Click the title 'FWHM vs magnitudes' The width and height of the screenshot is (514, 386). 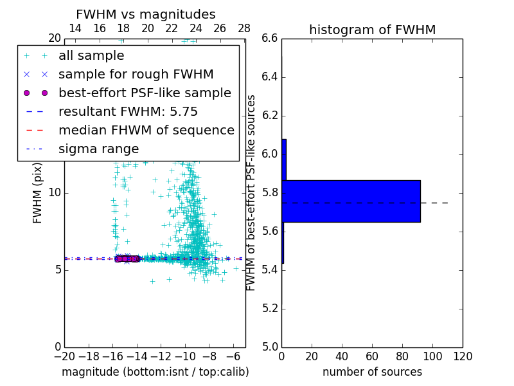pyautogui.click(x=146, y=15)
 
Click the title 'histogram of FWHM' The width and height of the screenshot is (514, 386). pyautogui.click(x=372, y=30)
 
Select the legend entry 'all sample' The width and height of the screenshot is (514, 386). pyautogui.click(x=91, y=56)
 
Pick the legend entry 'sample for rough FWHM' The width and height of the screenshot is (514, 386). pyautogui.click(x=136, y=75)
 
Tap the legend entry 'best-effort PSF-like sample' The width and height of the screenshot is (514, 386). pyautogui.click(x=145, y=93)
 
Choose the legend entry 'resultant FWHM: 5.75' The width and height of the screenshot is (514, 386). pyautogui.click(x=128, y=112)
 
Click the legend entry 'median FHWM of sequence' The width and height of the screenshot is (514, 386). pyautogui.click(x=146, y=131)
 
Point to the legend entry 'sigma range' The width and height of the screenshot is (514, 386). pyautogui.click(x=98, y=149)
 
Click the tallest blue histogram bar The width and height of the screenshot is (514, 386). pyautogui.click(x=351, y=201)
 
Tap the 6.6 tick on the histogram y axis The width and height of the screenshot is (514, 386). pyautogui.click(x=270, y=39)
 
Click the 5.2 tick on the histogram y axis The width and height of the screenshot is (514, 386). pyautogui.click(x=270, y=309)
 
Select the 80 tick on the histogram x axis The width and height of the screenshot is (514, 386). pyautogui.click(x=402, y=356)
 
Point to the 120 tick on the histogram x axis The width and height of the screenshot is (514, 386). pyautogui.click(x=463, y=356)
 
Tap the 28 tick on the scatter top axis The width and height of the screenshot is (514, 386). pyautogui.click(x=244, y=28)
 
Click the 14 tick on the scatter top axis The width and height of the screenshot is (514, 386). pyautogui.click(x=75, y=28)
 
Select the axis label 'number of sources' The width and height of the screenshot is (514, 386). pyautogui.click(x=372, y=372)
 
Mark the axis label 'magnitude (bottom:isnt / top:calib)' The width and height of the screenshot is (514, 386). pyautogui.click(x=155, y=372)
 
